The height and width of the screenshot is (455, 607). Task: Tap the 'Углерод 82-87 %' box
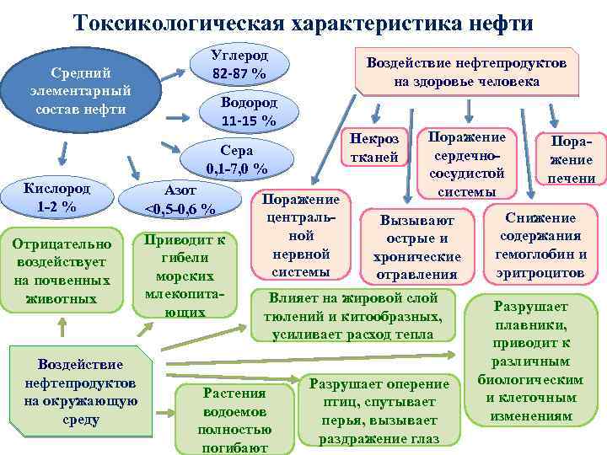(240, 65)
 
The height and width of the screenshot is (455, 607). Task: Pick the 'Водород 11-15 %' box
(248, 111)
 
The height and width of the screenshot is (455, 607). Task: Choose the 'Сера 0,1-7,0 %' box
(237, 158)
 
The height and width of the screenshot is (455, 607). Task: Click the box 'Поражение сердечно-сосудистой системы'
(467, 163)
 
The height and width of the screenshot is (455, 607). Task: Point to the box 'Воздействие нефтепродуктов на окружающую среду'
(80, 392)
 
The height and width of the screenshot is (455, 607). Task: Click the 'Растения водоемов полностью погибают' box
(234, 419)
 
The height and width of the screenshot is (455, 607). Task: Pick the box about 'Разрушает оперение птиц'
(379, 410)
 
